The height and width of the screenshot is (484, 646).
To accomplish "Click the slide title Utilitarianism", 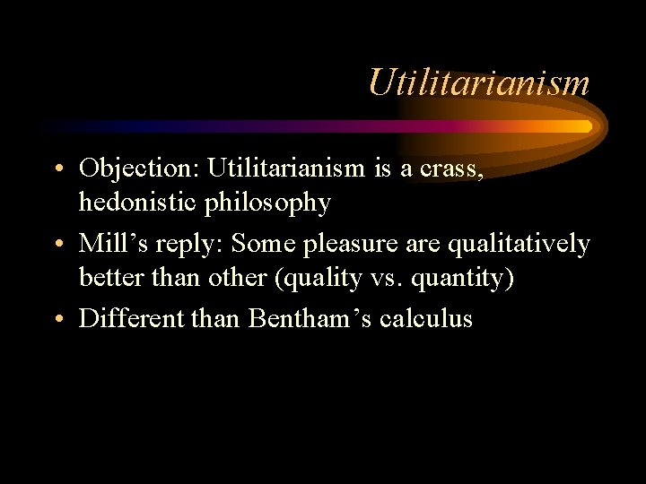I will pos(478,83).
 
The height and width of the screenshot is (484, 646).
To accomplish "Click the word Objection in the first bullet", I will pos(139,168).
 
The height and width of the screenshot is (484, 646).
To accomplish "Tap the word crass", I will pos(457,168).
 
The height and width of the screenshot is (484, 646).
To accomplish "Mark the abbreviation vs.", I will pos(387,278).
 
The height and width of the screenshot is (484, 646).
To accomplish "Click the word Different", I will pos(132,318).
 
